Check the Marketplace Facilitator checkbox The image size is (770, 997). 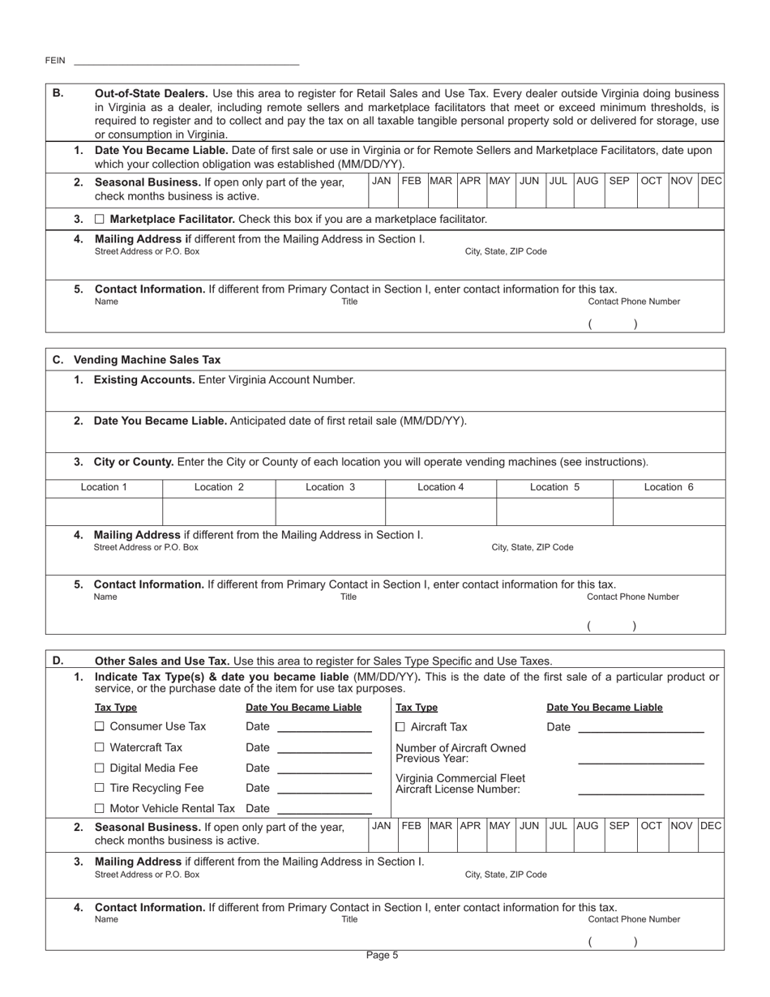(100, 220)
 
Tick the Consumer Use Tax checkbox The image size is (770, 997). (100, 727)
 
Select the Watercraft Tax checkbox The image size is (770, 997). (100, 747)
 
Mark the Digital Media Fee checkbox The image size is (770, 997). (100, 768)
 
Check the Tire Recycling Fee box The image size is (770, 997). (100, 788)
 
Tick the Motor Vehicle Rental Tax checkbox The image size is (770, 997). (100, 808)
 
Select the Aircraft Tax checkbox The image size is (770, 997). (401, 727)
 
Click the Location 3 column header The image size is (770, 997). (330, 487)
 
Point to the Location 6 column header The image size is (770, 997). (669, 487)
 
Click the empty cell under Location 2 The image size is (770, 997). (219, 512)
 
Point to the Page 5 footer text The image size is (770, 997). (383, 955)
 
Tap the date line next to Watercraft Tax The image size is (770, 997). (323, 749)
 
